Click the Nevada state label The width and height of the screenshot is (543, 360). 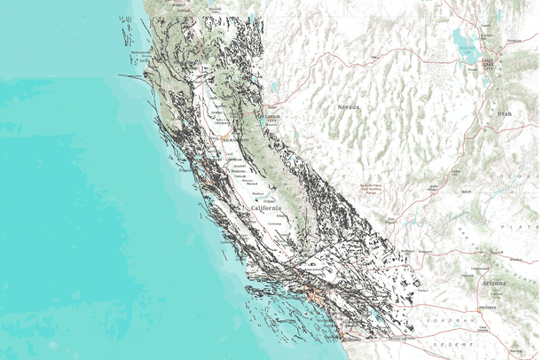point(348,106)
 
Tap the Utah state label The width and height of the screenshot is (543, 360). point(504,114)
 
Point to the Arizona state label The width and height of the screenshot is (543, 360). point(495,282)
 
